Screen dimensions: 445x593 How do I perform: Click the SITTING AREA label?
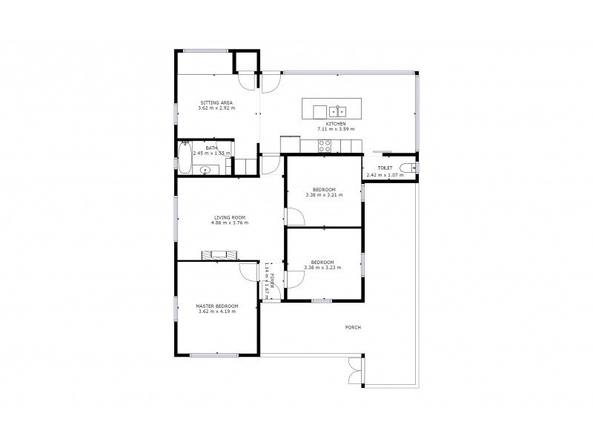216,103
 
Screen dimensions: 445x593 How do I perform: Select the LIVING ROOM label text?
230,217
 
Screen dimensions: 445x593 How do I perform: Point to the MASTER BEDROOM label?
217,306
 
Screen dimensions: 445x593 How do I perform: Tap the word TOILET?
385,168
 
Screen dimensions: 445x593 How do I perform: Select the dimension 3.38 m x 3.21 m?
323,195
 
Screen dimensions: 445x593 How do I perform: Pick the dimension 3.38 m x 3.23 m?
323,267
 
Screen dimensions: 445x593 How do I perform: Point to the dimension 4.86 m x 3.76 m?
230,222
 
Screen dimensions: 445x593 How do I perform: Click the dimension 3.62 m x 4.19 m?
217,311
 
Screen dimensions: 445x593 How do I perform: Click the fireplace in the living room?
220,255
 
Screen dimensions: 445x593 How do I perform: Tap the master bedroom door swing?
246,272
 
